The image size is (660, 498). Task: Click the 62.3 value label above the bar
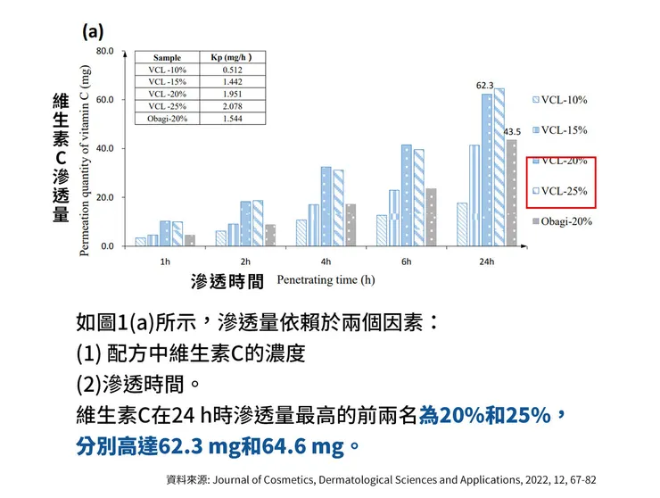[x=485, y=86]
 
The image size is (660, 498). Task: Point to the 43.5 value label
[x=513, y=132]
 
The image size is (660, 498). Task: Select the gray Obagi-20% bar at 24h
[x=511, y=192]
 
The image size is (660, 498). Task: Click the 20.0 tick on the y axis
[x=104, y=197]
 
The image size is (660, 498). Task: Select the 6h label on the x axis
[x=406, y=262]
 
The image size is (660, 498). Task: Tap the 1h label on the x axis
[x=165, y=262]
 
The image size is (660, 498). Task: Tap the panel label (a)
[x=94, y=31]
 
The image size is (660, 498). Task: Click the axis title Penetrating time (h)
[x=326, y=280]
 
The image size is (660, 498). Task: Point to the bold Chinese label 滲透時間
[x=227, y=282]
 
